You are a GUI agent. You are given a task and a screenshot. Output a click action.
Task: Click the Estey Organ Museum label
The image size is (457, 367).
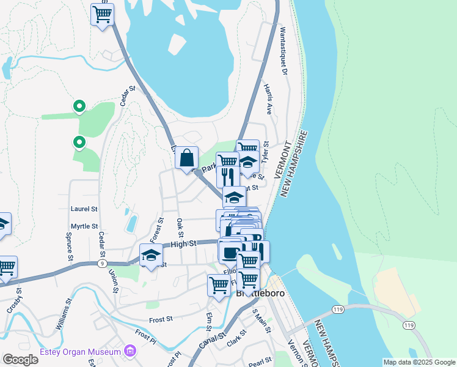click(x=81, y=352)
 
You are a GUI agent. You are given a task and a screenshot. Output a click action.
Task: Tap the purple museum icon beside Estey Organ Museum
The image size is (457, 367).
click(x=130, y=351)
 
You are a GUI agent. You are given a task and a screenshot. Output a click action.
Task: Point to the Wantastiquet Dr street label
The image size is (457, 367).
click(x=283, y=50)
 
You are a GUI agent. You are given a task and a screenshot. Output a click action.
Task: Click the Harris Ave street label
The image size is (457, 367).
click(x=268, y=100)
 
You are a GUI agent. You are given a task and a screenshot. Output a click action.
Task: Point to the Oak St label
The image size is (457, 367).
click(x=180, y=228)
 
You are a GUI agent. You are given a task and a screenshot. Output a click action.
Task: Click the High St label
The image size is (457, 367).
click(x=183, y=243)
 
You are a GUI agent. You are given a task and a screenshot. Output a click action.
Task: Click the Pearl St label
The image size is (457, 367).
click(x=260, y=361)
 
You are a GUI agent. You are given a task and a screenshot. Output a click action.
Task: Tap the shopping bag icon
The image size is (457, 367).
click(x=187, y=158)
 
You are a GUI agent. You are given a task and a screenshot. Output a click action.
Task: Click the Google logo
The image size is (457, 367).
click(x=20, y=360)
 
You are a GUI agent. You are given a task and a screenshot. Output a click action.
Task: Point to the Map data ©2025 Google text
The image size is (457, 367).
click(x=419, y=362)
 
